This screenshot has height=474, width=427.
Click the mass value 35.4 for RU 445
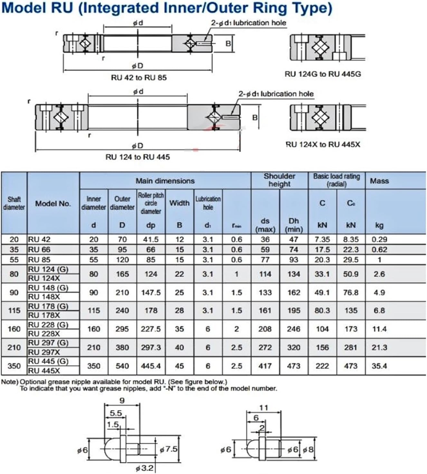click(379, 366)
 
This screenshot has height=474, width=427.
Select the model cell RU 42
click(39, 239)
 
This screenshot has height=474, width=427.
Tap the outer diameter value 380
click(122, 348)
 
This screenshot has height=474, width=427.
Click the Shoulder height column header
click(279, 180)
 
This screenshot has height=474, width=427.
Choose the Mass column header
click(379, 181)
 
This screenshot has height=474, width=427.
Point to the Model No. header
click(53, 204)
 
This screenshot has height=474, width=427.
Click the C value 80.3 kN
click(322, 311)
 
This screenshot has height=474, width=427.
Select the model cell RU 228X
click(44, 334)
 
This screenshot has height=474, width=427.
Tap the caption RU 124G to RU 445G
click(323, 74)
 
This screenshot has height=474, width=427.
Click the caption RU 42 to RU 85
click(139, 78)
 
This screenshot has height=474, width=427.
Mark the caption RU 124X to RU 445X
click(323, 145)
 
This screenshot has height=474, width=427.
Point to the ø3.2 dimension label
click(144, 468)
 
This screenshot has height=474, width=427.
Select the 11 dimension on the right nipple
click(263, 408)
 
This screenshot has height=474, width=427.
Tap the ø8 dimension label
click(308, 449)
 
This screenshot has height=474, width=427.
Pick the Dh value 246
click(293, 329)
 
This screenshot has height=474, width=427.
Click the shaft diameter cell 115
click(14, 311)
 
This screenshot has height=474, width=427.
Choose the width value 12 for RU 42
click(179, 239)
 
